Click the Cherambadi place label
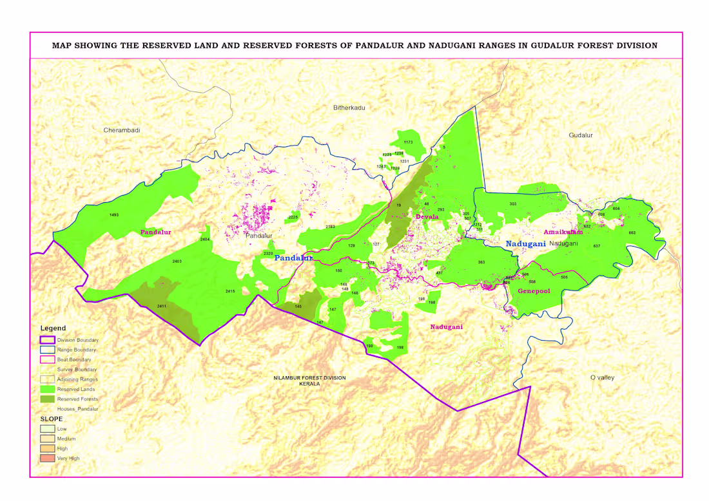[122, 130]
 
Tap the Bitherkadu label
[349, 108]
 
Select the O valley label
[602, 377]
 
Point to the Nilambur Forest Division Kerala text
[309, 381]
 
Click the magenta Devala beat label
[427, 217]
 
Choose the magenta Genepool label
[534, 291]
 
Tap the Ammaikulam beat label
[563, 232]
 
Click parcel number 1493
[114, 214]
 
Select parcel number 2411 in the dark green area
[162, 306]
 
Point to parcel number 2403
[177, 261]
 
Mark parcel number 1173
[408, 142]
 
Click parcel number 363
[481, 262]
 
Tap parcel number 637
[597, 247]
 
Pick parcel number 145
[298, 307]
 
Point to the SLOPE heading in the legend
[52, 419]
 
